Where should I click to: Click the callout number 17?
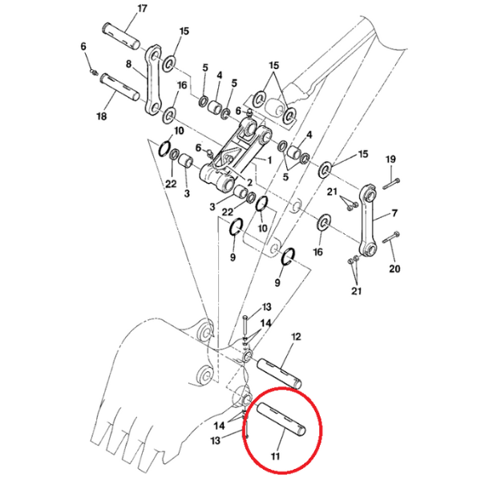click(x=142, y=9)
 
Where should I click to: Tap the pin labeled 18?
click(x=121, y=87)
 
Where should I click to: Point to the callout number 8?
click(x=129, y=64)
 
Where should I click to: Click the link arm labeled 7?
click(x=368, y=220)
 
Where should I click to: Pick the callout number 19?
click(x=390, y=160)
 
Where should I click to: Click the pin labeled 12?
click(x=279, y=373)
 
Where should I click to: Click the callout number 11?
click(x=276, y=456)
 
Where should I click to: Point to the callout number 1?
click(x=269, y=160)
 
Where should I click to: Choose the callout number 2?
click(x=249, y=183)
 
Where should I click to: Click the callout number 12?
click(x=296, y=337)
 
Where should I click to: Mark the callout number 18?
click(x=102, y=116)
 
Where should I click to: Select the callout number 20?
click(x=394, y=269)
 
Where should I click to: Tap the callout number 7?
click(x=394, y=213)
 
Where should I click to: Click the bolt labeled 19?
click(x=391, y=183)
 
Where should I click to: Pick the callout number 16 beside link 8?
click(x=182, y=85)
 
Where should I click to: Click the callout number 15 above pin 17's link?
click(x=184, y=31)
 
